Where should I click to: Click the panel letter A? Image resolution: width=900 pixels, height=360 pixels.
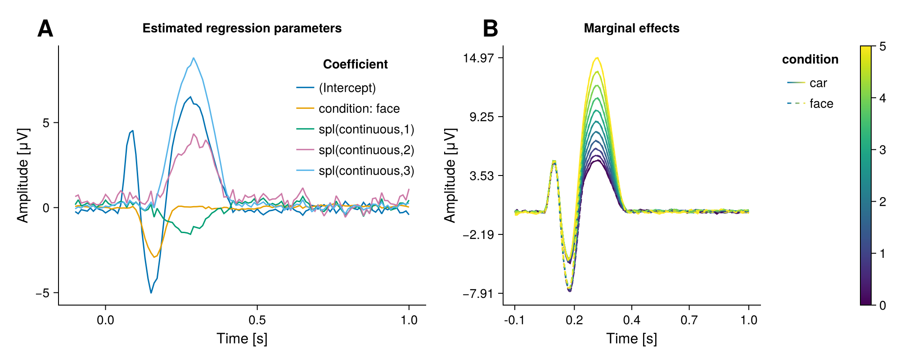pyautogui.click(x=45, y=29)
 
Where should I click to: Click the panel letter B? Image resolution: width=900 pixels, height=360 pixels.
pyautogui.click(x=490, y=29)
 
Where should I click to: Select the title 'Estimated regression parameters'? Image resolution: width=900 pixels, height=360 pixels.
pyautogui.click(x=242, y=28)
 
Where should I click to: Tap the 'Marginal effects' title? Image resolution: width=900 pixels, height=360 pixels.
pyautogui.click(x=631, y=28)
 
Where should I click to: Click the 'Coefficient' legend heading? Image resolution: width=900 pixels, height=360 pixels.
pyautogui.click(x=355, y=64)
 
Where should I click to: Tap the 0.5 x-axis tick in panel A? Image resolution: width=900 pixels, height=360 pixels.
pyautogui.click(x=257, y=320)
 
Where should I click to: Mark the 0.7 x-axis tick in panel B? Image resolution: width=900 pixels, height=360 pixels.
pyautogui.click(x=689, y=320)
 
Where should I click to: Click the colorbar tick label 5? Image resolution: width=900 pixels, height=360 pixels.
pyautogui.click(x=882, y=46)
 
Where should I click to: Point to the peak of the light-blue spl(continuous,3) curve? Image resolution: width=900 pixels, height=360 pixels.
pyautogui.click(x=193, y=58)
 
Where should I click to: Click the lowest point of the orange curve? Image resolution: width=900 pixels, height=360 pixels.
pyautogui.click(x=154, y=257)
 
